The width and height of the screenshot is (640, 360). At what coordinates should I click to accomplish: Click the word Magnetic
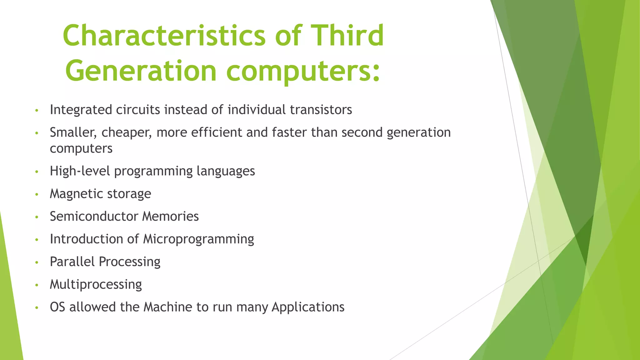[74, 194]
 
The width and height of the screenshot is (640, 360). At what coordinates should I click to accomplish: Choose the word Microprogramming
[198, 239]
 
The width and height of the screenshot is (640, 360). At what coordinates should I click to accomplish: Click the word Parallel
[72, 262]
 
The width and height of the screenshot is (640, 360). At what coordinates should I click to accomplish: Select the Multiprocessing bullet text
[96, 285]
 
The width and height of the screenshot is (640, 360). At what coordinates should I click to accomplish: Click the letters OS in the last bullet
[57, 307]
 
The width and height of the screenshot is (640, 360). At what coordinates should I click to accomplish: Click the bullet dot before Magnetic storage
[37, 195]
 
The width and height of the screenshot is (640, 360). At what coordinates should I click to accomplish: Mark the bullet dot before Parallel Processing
[37, 262]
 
